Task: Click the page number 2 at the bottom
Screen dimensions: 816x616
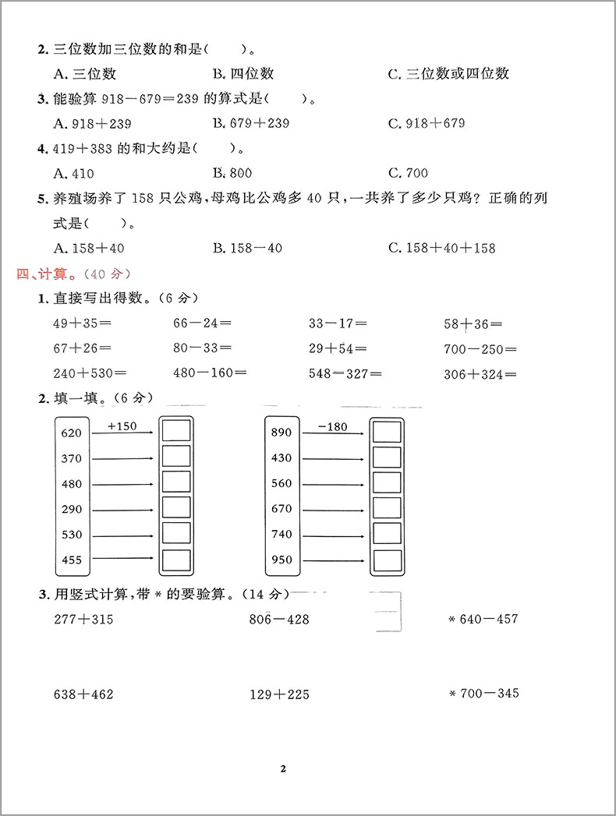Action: point(283,768)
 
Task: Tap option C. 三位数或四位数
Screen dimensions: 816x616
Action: point(448,73)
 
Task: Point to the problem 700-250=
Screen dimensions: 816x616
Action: point(480,349)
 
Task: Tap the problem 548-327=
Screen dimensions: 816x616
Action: point(345,373)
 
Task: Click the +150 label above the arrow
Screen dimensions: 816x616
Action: point(122,426)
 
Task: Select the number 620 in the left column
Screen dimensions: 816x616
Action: point(71,433)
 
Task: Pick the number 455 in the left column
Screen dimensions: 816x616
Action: point(71,560)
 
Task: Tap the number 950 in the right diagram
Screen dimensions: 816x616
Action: point(281,560)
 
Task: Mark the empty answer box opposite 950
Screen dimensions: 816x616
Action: point(386,560)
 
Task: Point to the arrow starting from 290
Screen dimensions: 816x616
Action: point(122,510)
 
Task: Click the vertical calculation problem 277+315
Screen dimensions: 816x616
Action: point(83,620)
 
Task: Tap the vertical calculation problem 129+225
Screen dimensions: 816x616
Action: point(279,694)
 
